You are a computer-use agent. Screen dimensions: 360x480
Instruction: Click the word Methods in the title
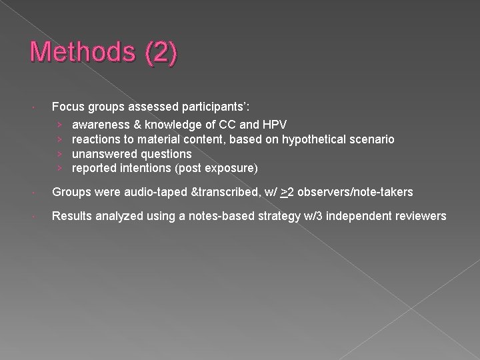click(x=74, y=53)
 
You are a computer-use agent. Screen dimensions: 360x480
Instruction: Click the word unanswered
click(x=102, y=153)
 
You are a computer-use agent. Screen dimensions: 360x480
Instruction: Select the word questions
click(x=163, y=153)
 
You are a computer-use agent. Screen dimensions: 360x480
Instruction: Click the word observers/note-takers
click(x=355, y=192)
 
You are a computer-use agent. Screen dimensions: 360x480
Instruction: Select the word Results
click(x=71, y=216)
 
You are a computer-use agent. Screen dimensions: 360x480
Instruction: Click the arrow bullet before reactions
click(x=60, y=139)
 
